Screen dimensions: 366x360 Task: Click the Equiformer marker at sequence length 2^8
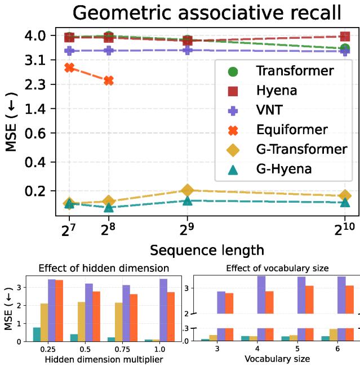[x=109, y=81]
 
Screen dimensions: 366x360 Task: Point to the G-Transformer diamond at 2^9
[x=188, y=190]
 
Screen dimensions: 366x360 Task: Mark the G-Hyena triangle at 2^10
[x=345, y=202]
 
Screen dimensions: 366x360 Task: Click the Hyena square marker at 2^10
[x=345, y=36]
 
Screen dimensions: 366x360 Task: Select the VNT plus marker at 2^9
[x=188, y=50]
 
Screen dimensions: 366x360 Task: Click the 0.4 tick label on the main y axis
[x=43, y=162]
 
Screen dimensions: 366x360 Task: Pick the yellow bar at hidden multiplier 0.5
[x=81, y=322]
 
